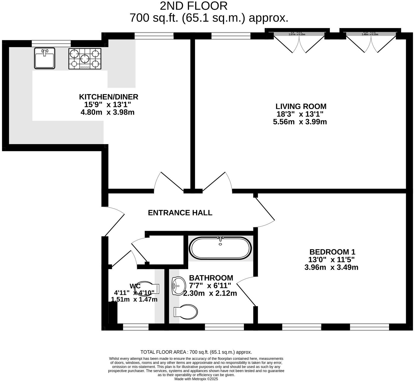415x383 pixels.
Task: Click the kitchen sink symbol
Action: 45,58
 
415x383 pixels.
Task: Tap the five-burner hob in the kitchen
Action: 85,59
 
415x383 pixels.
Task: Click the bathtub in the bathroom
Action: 220,248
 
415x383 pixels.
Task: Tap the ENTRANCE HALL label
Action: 180,213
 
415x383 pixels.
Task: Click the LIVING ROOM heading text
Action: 301,106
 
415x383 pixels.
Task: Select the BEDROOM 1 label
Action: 332,252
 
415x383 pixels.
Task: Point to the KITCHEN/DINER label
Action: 109,97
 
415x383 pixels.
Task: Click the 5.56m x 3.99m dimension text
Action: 300,122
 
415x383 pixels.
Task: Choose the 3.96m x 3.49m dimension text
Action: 331,267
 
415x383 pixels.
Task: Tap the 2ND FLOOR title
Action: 194,6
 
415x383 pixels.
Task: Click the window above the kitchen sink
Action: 51,44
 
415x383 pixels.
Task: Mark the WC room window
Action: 136,327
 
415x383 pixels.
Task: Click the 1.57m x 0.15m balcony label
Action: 297,34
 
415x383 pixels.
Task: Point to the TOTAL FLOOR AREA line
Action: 196,352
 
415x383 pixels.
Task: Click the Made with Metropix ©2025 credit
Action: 196,379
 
